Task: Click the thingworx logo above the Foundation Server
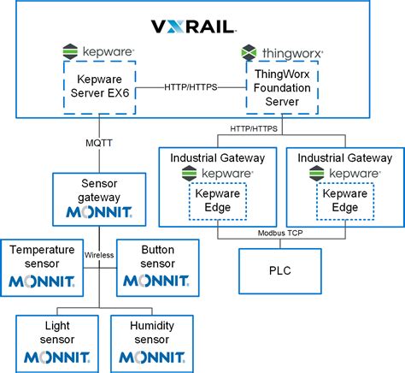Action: [x=282, y=52]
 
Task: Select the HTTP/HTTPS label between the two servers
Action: [x=191, y=86]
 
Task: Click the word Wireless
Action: [x=100, y=254]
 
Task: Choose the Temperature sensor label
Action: [x=44, y=256]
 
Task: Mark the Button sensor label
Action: [x=157, y=256]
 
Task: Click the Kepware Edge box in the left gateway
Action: [x=217, y=201]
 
